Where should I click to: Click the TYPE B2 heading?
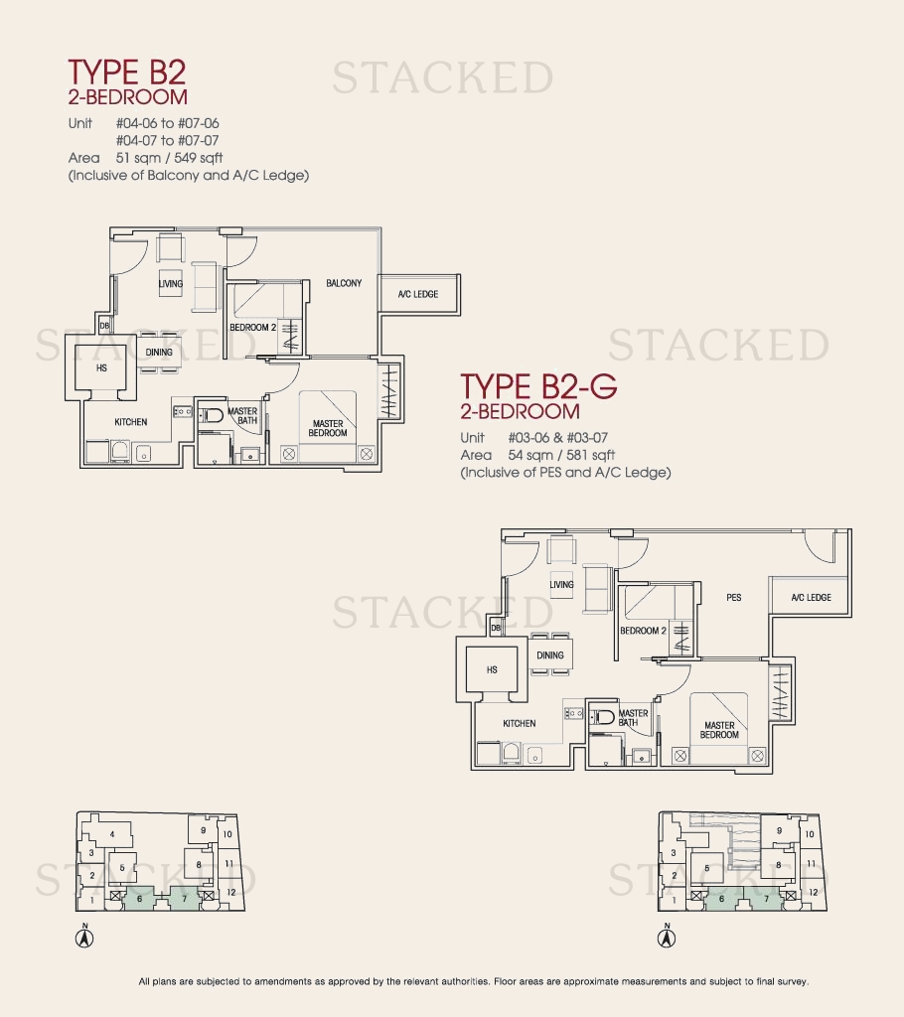[x=127, y=72]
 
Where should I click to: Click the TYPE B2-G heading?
[x=538, y=386]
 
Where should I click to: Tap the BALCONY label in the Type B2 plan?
[x=344, y=283]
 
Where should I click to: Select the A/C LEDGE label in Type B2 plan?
[x=418, y=294]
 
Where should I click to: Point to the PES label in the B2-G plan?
[x=734, y=597]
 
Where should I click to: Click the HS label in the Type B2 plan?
[x=101, y=367]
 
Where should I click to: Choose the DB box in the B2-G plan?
[x=496, y=628]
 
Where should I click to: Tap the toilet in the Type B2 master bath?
[x=212, y=414]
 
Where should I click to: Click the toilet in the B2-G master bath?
[x=603, y=717]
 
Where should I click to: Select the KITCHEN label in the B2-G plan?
[x=520, y=723]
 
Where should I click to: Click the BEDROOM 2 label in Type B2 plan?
[x=253, y=328]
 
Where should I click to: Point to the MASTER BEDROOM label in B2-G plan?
[x=719, y=730]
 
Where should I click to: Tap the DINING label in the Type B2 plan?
[x=159, y=353]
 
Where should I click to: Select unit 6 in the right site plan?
[x=721, y=899]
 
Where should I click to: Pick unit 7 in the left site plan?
[x=185, y=899]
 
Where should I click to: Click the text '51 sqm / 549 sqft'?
[x=170, y=158]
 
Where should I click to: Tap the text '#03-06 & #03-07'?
[x=558, y=438]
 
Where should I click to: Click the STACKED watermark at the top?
[x=443, y=77]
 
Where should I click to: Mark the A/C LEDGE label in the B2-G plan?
[x=812, y=597]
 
